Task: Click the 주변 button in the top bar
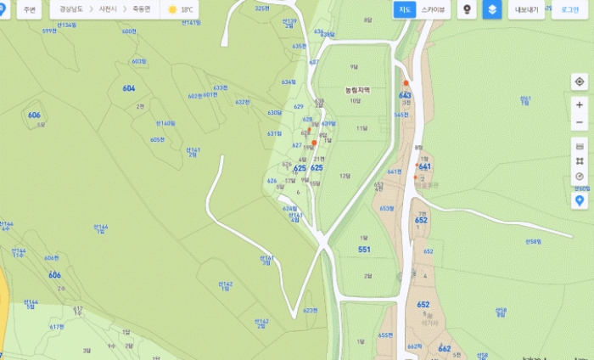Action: (30, 9)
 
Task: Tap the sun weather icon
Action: (172, 9)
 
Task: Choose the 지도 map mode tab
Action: (405, 9)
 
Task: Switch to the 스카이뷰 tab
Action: (434, 9)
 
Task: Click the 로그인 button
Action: (570, 9)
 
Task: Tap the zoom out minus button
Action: (580, 124)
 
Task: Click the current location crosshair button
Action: (580, 82)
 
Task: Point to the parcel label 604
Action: (129, 88)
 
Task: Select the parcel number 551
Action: (364, 250)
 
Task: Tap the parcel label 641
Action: (425, 166)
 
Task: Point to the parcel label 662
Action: (445, 348)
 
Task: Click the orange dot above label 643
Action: (406, 82)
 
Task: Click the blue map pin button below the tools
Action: (580, 201)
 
